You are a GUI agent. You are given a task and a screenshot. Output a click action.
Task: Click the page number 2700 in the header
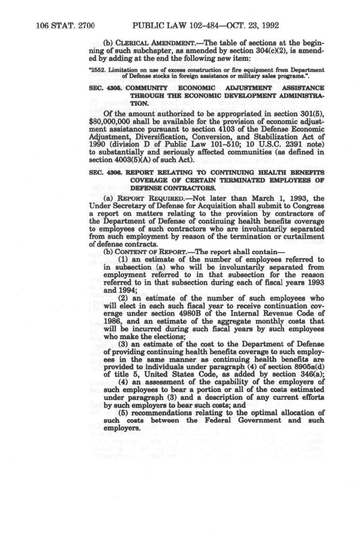pyautogui.click(x=84, y=26)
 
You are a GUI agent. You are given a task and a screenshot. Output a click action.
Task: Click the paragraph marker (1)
pyautogui.click(x=123, y=259)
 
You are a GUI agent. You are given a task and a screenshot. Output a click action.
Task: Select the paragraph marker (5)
pyautogui.click(x=123, y=413)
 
